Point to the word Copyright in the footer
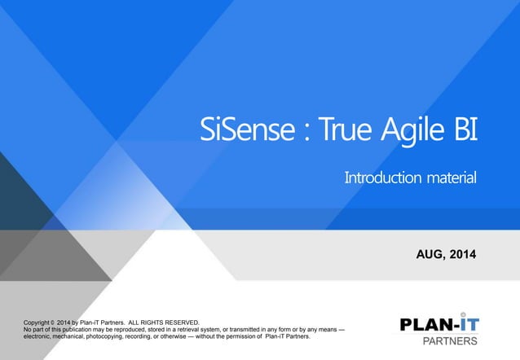tap(40, 323)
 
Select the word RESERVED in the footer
tap(180, 323)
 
